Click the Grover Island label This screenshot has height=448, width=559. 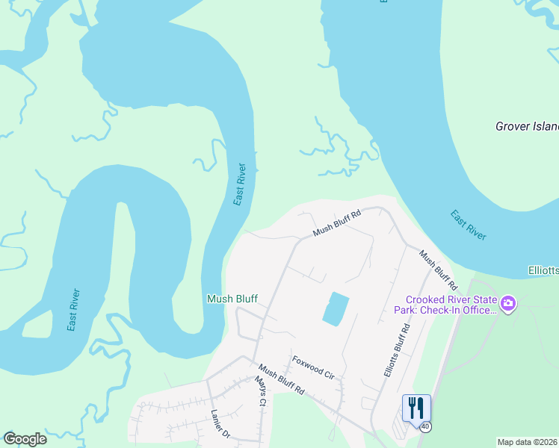pyautogui.click(x=527, y=126)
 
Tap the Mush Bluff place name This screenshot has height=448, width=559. pyautogui.click(x=232, y=299)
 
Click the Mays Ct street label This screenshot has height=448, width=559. pyautogui.click(x=259, y=391)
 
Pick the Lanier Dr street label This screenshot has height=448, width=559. pyautogui.click(x=218, y=423)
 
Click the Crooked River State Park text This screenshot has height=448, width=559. pyautogui.click(x=445, y=305)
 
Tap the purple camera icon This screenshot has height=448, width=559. pyautogui.click(x=508, y=303)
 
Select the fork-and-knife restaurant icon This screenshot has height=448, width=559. pyautogui.click(x=416, y=408)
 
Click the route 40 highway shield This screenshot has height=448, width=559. pyautogui.click(x=424, y=426)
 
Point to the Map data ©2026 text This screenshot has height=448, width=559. pyautogui.click(x=527, y=442)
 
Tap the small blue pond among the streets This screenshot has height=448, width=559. pyautogui.click(x=336, y=308)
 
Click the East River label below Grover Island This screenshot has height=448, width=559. pyautogui.click(x=469, y=225)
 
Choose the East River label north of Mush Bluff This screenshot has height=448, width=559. pyautogui.click(x=239, y=184)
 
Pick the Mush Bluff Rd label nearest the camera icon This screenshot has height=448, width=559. pyautogui.click(x=438, y=270)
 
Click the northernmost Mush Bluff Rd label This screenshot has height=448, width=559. pyautogui.click(x=336, y=222)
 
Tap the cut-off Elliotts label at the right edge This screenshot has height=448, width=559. pyautogui.click(x=543, y=270)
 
